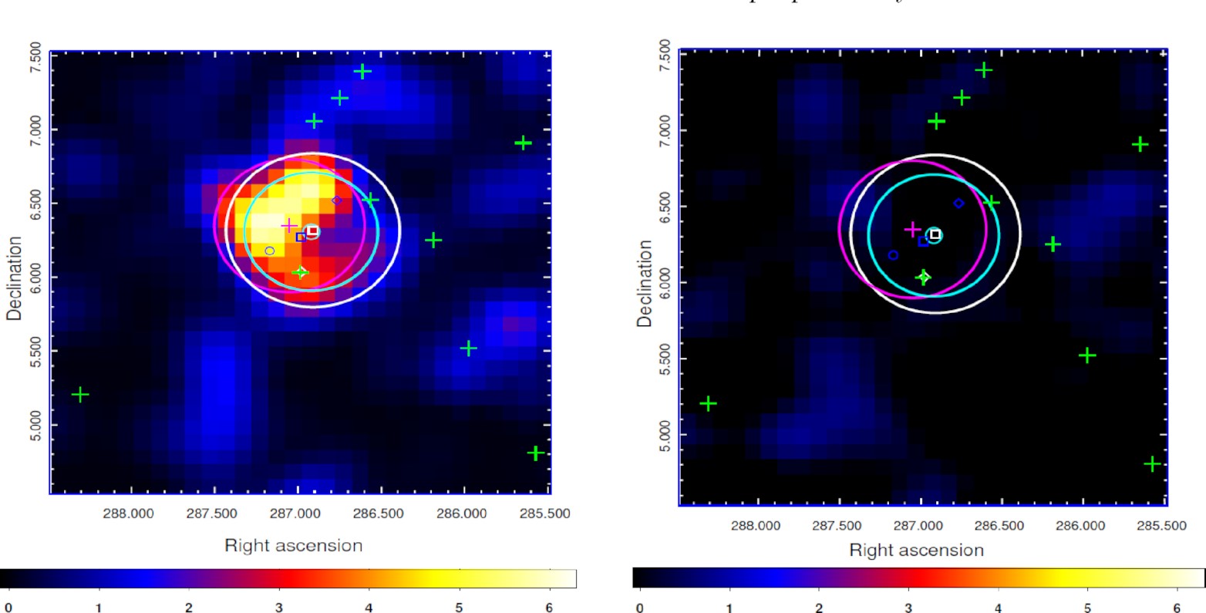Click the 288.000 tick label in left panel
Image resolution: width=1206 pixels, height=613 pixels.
coord(130,514)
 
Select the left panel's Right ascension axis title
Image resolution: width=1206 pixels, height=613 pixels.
coord(293,546)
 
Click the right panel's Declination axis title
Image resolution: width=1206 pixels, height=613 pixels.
coord(645,283)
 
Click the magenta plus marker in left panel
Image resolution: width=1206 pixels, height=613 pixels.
coord(289,225)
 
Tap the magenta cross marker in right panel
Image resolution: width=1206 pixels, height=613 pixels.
coord(912,229)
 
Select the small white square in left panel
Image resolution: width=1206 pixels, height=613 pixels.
coord(312,231)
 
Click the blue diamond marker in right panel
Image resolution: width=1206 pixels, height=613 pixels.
coord(958,204)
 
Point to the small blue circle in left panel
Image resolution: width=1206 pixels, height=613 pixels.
coord(270,251)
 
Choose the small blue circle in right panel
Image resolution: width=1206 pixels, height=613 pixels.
coord(893,255)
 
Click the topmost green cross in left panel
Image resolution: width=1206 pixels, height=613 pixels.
coord(362,72)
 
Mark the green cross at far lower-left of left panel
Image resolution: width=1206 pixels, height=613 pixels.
coord(79,395)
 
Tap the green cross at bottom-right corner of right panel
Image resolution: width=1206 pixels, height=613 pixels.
coord(1152,464)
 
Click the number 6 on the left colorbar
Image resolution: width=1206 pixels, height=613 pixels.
coord(549,608)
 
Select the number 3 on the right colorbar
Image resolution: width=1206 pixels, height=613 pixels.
coord(908,608)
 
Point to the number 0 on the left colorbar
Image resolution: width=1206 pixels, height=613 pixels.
coord(8,608)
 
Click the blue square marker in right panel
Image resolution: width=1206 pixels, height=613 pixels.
coord(923,241)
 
